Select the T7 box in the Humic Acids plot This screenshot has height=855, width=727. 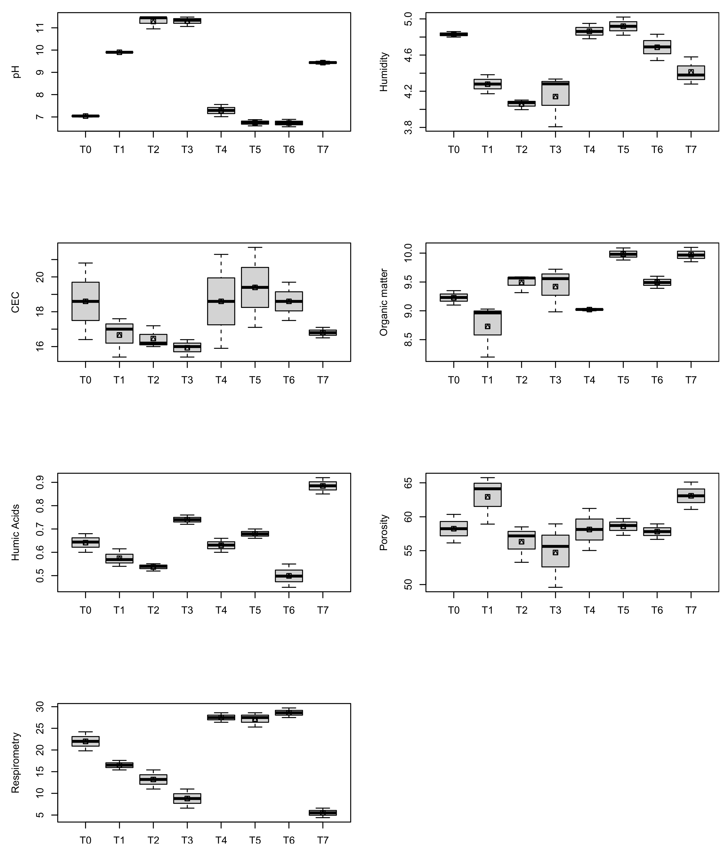pos(323,486)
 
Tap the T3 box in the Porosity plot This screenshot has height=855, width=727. pos(555,551)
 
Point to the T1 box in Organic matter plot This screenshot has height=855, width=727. pos(488,323)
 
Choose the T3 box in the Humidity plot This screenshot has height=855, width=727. pos(555,93)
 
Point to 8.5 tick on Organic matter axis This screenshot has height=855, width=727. pos(408,340)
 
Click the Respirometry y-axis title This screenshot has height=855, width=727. pos(16,763)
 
